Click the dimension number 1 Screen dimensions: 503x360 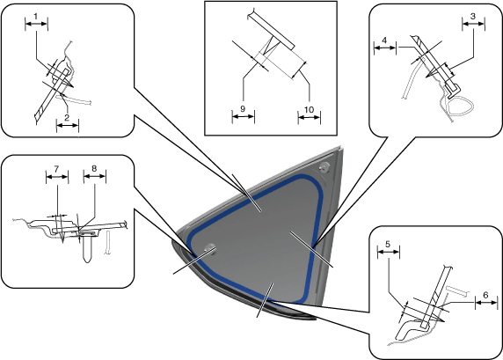36,16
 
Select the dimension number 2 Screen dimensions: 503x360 67,118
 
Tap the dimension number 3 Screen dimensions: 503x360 473,16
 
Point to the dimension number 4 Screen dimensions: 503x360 384,40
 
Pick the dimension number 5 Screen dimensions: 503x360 388,245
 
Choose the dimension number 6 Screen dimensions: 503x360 485,295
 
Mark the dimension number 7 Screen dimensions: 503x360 56,169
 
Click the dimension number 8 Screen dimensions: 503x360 94,169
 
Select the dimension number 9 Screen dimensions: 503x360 243,109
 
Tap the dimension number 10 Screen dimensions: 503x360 309,110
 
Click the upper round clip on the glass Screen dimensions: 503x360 324,167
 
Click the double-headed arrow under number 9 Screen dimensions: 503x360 244,116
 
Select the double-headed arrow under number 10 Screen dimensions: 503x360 310,118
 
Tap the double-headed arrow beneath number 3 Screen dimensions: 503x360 473,24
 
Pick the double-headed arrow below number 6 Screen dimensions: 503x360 486,302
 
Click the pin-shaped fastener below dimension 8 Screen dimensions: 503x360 87,247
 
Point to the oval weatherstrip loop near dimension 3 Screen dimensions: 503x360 461,105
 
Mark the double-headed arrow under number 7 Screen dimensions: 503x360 57,177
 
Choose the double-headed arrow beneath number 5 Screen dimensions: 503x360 389,252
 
